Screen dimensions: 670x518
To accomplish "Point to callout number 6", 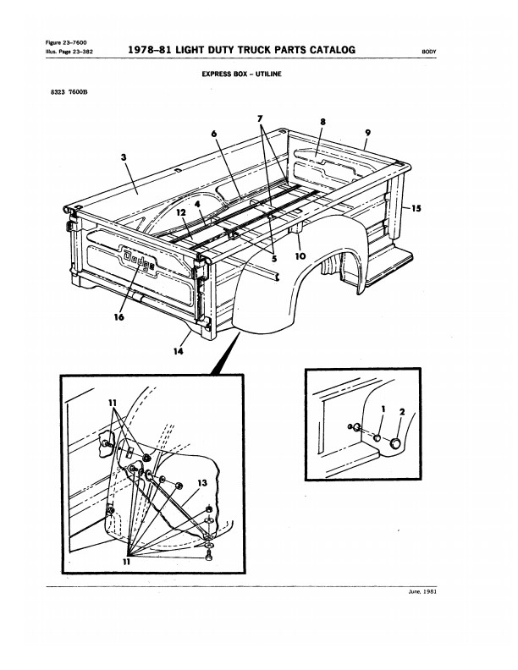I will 214,134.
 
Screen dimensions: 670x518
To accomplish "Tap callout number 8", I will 322,123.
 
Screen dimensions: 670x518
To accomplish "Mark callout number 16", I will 118,317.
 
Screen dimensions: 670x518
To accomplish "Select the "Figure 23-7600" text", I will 65,42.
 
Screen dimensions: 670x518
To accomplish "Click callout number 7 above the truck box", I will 261,119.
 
